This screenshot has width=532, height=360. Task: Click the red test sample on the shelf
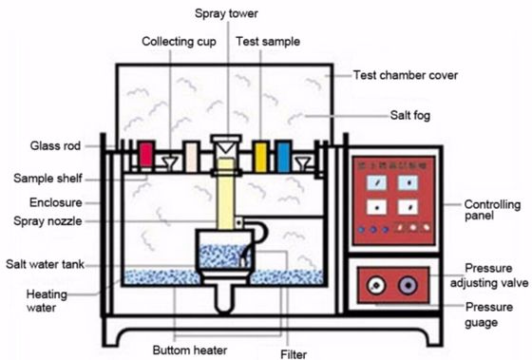coord(145,155)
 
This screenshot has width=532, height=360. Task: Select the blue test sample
coord(282,155)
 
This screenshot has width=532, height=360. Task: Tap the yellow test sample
coord(259,155)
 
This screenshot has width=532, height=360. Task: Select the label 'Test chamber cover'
coord(406,74)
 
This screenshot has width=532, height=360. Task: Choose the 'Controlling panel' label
coord(494,210)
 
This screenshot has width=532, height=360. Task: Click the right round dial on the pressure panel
coord(409,282)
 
